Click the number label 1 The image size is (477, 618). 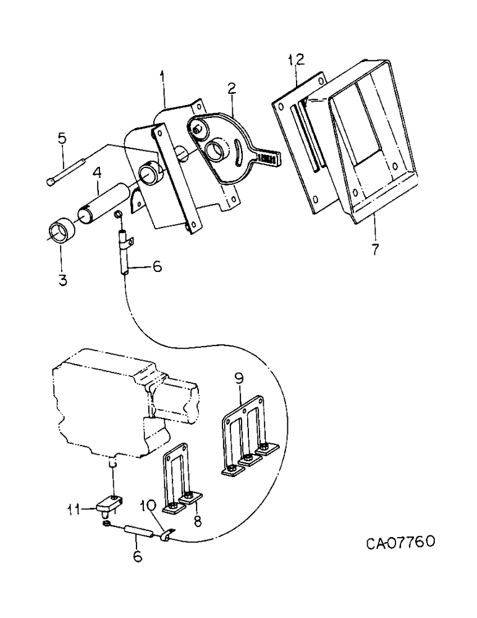[163, 79]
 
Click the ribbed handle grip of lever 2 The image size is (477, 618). [266, 158]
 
